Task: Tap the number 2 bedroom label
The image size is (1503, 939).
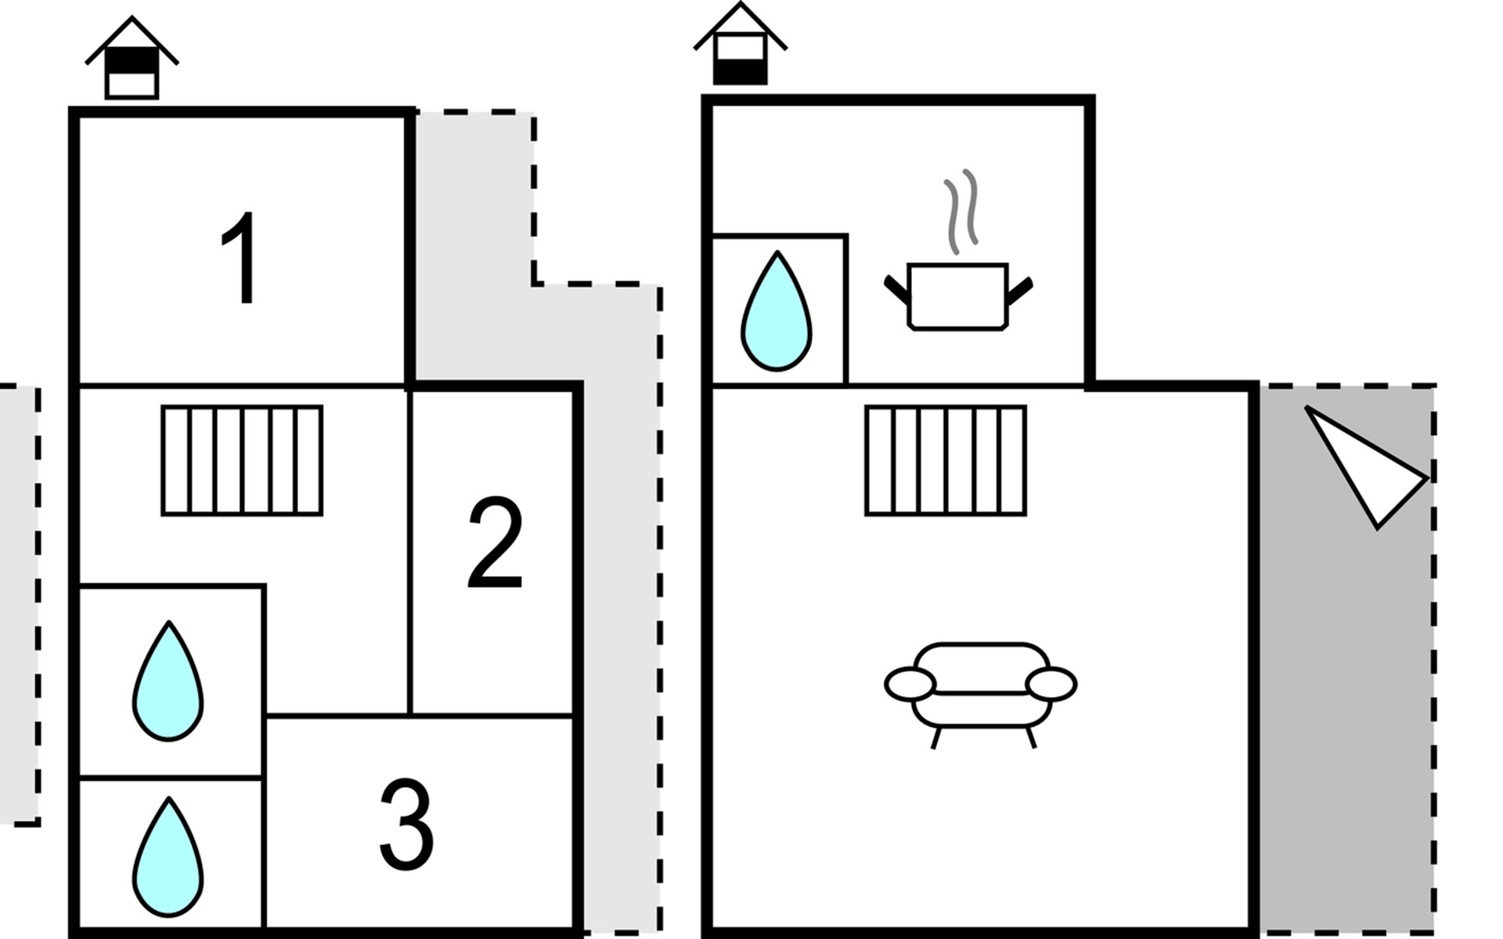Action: pos(495,542)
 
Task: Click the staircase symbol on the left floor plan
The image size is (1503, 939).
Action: pos(242,460)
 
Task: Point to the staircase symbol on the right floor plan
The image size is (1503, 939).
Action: pos(946,460)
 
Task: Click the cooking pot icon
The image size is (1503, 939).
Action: pos(957,297)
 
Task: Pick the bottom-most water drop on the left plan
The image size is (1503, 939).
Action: pos(168,858)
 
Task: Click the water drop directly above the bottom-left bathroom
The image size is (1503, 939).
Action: pos(168,682)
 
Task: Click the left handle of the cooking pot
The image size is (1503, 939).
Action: pos(896,289)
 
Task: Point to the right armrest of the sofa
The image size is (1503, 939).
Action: pos(1051,684)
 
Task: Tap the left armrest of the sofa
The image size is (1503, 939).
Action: pos(910,684)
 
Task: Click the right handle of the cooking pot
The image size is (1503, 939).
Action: pos(1019,290)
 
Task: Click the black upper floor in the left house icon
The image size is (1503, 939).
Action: pos(132,59)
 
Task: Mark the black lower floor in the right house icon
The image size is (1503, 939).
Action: pos(740,72)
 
